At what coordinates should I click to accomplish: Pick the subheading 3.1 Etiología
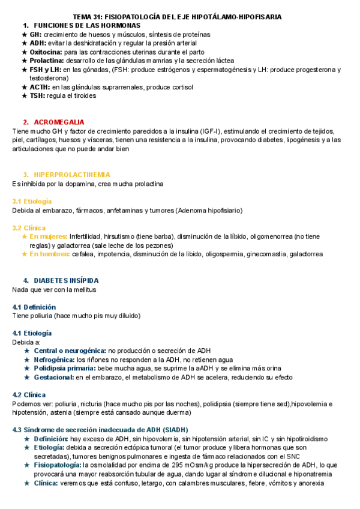click(32, 201)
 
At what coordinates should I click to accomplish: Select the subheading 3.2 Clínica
click(29, 228)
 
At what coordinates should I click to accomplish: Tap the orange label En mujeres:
click(49, 236)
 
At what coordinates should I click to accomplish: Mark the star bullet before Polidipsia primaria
click(27, 369)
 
